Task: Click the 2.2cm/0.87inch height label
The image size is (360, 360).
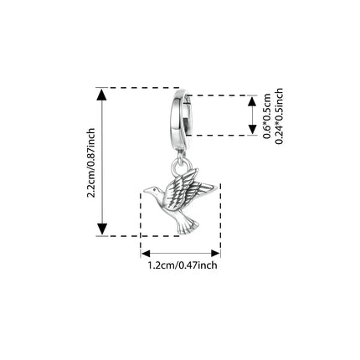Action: (x=91, y=163)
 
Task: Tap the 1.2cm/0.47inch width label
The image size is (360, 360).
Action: (x=183, y=265)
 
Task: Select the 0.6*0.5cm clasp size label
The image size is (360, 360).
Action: (x=267, y=116)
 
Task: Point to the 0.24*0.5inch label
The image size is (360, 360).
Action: (x=279, y=116)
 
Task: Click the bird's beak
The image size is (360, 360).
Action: (x=147, y=190)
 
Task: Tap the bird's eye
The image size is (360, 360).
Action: (x=155, y=190)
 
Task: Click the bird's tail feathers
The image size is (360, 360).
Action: (x=188, y=225)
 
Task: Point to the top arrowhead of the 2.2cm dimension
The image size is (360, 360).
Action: (x=102, y=94)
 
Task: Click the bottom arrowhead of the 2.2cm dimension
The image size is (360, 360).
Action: (x=102, y=229)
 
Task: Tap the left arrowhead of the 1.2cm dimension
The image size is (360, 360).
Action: (x=146, y=254)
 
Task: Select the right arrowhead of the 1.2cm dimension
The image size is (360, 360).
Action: (x=216, y=254)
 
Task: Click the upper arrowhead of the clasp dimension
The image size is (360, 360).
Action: (x=252, y=100)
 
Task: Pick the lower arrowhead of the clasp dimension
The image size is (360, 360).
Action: (x=252, y=130)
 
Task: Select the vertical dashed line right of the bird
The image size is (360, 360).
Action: (x=220, y=219)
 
